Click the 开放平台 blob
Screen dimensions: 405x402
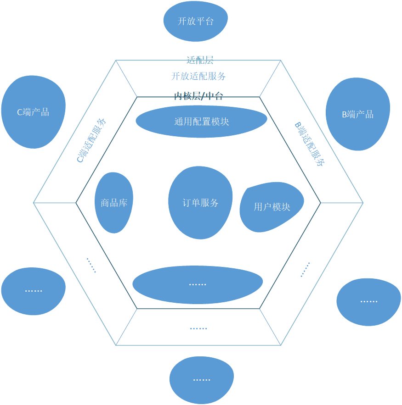click(x=196, y=21)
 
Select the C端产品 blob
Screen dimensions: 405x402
click(x=33, y=112)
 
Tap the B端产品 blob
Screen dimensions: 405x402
click(x=357, y=114)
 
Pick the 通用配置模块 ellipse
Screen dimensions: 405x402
click(x=201, y=122)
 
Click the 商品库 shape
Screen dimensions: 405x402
click(x=114, y=203)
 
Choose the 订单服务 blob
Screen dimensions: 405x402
click(x=200, y=203)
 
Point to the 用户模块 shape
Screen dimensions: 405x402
click(x=272, y=207)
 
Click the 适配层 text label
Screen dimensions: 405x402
click(x=200, y=60)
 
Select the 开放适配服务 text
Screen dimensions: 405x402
click(x=198, y=76)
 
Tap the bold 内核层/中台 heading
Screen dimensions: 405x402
click(x=198, y=96)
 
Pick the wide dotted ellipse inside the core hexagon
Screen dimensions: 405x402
click(x=198, y=284)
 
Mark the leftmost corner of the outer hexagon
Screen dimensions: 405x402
click(x=34, y=203)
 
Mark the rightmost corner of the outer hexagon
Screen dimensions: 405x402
click(x=363, y=203)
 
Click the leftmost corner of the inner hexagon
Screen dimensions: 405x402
click(x=76, y=203)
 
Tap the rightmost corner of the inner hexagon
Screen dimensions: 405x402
click(x=320, y=203)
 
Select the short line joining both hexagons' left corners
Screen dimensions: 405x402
click(x=55, y=203)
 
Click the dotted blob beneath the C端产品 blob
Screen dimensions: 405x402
click(x=33, y=291)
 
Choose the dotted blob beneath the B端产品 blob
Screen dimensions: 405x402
click(x=368, y=302)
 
